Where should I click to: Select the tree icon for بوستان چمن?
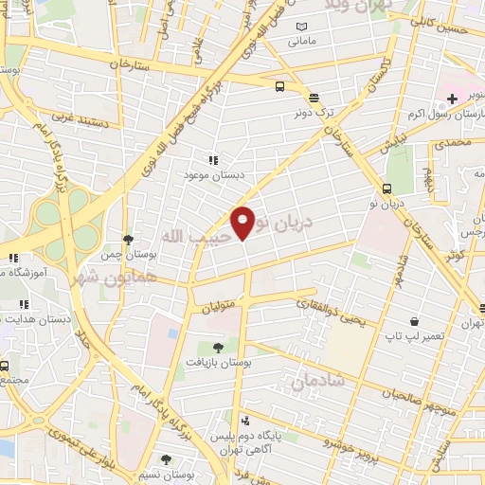[128, 240]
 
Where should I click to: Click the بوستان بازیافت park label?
[217, 362]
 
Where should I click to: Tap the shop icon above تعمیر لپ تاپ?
[413, 322]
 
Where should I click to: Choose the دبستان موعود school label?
[213, 175]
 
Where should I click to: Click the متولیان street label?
[220, 305]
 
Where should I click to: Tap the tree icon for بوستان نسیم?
[166, 459]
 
